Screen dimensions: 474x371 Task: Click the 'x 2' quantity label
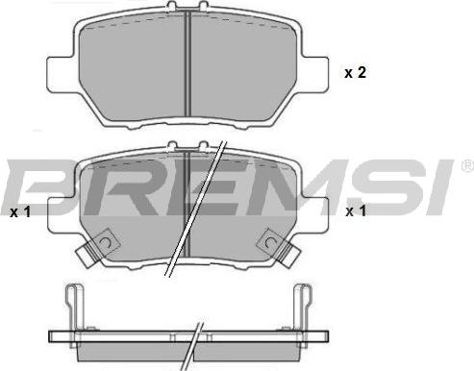[x=355, y=73]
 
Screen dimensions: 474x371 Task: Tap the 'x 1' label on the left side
[x=20, y=212]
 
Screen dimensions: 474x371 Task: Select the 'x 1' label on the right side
[x=356, y=211]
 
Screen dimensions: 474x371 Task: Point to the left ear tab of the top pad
[x=61, y=75]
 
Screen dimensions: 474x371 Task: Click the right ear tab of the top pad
[x=315, y=75]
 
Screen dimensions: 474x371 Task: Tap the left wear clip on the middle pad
[x=96, y=248]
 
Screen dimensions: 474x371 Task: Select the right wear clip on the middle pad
[x=280, y=247]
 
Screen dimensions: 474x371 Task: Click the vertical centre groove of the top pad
[x=187, y=63]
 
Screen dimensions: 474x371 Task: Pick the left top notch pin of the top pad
[x=172, y=6]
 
